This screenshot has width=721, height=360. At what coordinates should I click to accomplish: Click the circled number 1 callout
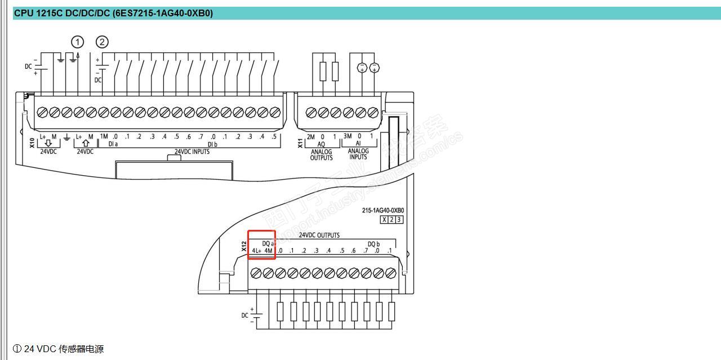(x=77, y=42)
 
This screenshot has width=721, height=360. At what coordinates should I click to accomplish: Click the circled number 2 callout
(x=102, y=42)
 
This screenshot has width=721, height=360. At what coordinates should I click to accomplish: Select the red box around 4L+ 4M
(x=262, y=245)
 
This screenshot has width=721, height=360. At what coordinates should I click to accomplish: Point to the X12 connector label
(x=244, y=246)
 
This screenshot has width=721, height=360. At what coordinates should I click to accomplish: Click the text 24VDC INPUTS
(x=192, y=152)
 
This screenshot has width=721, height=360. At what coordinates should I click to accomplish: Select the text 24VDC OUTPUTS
(x=319, y=235)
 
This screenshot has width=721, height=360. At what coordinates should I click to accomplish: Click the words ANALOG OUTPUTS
(x=322, y=154)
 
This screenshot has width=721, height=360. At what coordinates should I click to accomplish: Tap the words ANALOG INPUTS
(x=358, y=154)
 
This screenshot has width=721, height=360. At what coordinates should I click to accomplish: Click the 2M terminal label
(x=310, y=136)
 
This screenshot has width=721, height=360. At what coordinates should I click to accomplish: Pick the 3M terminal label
(x=348, y=136)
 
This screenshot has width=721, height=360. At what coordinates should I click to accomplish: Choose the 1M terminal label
(x=104, y=136)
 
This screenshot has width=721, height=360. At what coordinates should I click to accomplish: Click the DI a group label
(x=113, y=144)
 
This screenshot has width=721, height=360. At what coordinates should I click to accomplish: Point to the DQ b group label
(x=373, y=244)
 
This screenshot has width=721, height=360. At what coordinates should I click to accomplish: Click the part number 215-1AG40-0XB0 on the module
(x=383, y=210)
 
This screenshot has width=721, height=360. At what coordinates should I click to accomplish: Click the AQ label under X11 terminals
(x=322, y=144)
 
